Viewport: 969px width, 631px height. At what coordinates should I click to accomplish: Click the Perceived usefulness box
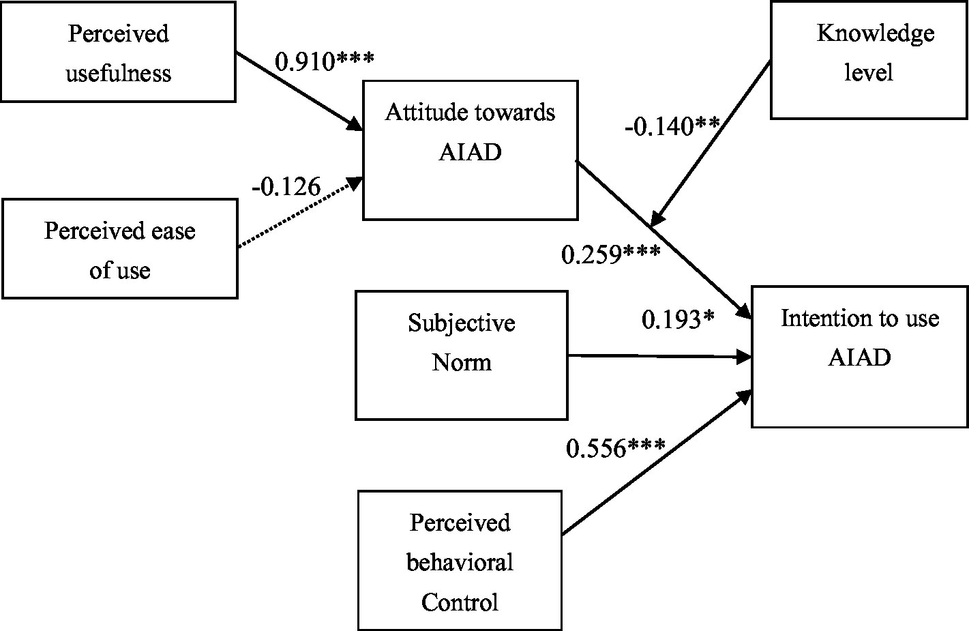(118, 53)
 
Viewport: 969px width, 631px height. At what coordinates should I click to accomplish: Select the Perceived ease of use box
(119, 249)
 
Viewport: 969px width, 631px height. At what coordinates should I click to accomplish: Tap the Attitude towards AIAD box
(470, 150)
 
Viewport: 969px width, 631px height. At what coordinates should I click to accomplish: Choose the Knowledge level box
(869, 60)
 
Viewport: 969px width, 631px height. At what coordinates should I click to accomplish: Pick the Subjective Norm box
(461, 355)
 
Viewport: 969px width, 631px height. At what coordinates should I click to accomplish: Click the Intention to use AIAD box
(859, 357)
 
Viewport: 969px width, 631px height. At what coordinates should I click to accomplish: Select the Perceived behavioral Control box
(460, 561)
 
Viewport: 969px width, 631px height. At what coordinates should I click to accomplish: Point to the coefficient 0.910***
(324, 61)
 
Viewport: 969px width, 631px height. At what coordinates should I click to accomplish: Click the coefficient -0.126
(286, 186)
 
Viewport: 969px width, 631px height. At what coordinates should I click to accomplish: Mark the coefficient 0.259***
(610, 254)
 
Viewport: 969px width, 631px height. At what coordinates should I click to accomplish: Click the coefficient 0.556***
(616, 448)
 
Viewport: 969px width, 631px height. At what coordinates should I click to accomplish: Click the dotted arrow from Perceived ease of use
(300, 212)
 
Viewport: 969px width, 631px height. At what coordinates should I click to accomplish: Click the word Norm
(461, 362)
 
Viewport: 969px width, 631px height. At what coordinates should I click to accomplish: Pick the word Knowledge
(876, 33)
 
